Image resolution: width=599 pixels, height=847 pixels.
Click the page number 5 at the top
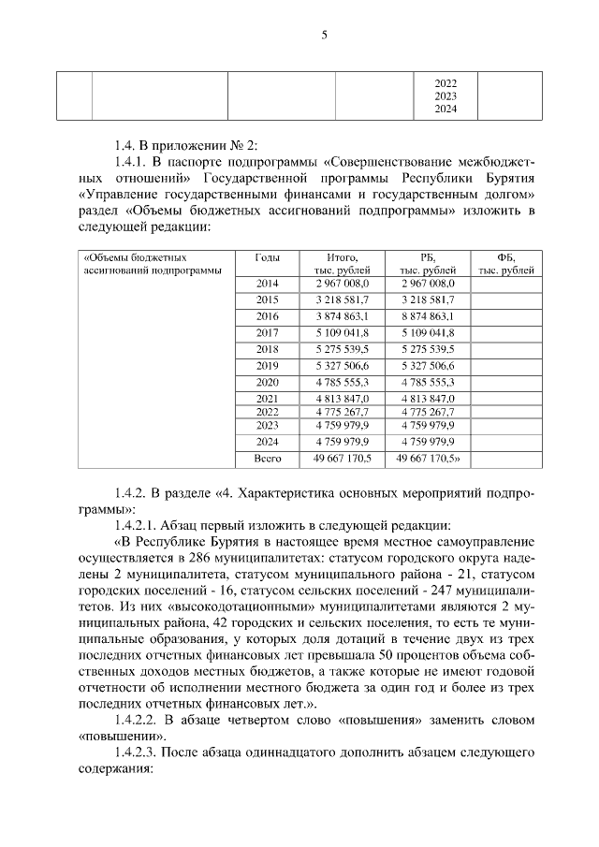point(325,36)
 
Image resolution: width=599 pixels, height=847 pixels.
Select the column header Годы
point(268,256)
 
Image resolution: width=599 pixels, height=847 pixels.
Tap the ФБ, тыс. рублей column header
point(506,264)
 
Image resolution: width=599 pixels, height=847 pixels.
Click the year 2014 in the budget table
point(268,282)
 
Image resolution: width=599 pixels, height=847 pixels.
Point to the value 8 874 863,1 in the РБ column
point(426,316)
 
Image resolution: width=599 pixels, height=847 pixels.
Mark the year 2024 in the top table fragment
point(446,110)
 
